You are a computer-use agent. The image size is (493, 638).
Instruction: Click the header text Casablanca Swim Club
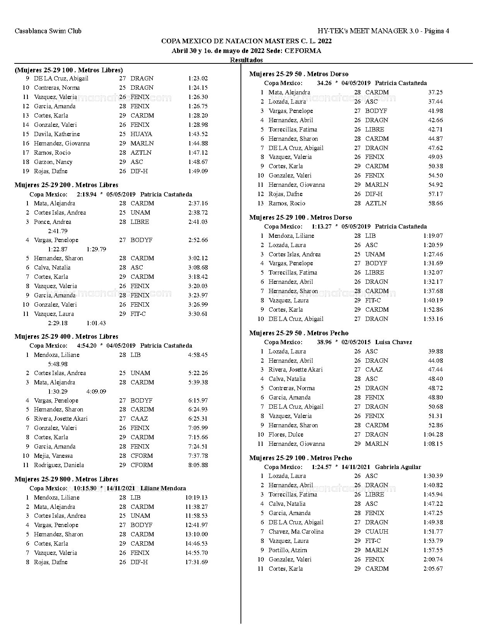coord(48,31)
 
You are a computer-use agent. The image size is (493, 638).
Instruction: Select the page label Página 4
coord(437,31)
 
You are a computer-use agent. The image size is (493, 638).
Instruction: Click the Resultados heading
coord(246,60)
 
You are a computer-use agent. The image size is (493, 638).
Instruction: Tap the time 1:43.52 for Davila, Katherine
coord(198,134)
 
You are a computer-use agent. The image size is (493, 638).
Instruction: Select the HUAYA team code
coord(141,134)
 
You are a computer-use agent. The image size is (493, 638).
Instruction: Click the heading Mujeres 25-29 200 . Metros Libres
coord(67,185)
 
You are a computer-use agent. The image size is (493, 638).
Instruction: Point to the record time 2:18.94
coord(87,194)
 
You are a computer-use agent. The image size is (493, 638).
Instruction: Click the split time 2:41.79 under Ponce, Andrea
coord(58,231)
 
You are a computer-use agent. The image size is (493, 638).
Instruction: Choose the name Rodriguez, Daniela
coord(59,465)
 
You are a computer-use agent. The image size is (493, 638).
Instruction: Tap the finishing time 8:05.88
coord(198,465)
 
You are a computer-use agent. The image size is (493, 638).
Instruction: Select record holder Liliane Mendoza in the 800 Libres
coord(163,488)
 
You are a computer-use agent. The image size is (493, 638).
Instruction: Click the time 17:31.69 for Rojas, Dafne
coord(196,562)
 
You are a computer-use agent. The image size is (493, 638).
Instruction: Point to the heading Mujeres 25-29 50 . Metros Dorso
coord(299,74)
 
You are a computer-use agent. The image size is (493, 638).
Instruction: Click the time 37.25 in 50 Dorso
coord(435,92)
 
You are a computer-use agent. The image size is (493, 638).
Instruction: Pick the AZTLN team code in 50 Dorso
coord(376,203)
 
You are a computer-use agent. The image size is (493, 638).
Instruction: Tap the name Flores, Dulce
coord(286,435)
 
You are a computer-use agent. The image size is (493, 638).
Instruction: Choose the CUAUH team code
coord(377,532)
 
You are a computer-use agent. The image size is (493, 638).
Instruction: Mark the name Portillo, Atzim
coord(288,550)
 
